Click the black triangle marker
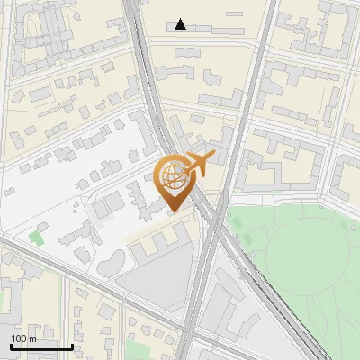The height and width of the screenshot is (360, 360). pos(182,24)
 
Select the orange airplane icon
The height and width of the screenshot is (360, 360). pos(200,164)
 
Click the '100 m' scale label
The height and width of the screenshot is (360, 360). pos(23,338)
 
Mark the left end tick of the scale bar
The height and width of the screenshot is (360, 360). pos(11,346)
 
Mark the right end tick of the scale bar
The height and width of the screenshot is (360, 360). pos(72,346)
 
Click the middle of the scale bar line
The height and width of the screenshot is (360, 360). pos(41,347)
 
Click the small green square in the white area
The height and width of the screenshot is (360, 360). pos(36,238)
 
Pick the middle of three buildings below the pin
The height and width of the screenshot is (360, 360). pos(163,238)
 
